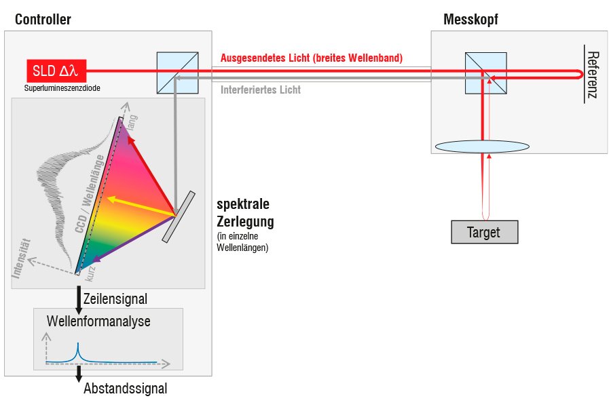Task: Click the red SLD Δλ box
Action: tap(56, 70)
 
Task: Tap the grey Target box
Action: tap(483, 232)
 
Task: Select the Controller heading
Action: tap(43, 20)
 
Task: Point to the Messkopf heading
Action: tap(470, 20)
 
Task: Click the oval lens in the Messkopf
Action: tap(483, 147)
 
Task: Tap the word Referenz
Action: tap(592, 75)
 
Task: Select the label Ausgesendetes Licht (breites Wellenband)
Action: tap(312, 58)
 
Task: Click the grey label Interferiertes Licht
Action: tap(261, 90)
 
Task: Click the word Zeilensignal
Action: tap(115, 298)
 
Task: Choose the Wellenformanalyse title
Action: tap(98, 321)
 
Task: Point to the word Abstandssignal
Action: tap(125, 389)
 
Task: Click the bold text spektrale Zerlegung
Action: tap(246, 213)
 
